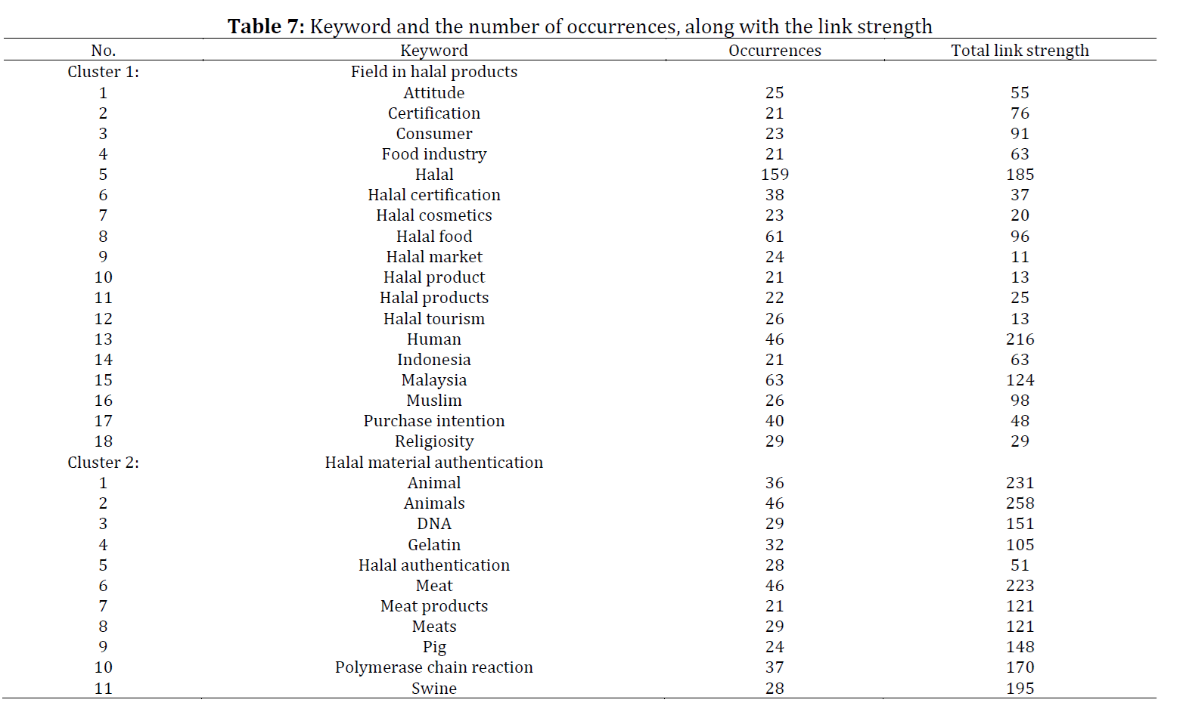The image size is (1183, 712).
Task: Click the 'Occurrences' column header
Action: [x=775, y=50]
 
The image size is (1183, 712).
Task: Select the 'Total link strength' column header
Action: [x=1020, y=50]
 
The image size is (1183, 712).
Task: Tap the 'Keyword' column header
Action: [x=434, y=50]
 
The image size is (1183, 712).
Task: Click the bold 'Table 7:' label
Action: [x=266, y=26]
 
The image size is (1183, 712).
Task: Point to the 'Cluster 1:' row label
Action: [x=103, y=72]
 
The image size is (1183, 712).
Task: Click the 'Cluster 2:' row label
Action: [x=103, y=463]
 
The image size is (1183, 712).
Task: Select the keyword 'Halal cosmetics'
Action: [x=434, y=215]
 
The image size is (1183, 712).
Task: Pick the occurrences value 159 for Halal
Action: [x=775, y=174]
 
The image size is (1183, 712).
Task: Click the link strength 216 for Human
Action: [x=1020, y=339]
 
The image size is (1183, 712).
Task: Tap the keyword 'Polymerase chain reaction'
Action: [x=434, y=667]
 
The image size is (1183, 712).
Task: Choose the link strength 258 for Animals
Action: [x=1020, y=503]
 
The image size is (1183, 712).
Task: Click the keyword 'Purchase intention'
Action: [x=434, y=421]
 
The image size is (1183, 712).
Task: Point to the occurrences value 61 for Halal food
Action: [x=775, y=236]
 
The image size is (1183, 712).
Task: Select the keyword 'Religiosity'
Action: [x=434, y=441]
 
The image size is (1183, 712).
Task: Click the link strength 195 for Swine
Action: [x=1020, y=689]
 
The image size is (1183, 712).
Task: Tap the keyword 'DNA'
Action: [x=434, y=524]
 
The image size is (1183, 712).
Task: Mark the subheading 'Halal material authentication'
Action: [x=434, y=463]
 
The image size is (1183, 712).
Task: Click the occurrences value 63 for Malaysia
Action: [x=775, y=380]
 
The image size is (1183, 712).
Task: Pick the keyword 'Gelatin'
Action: [x=434, y=544]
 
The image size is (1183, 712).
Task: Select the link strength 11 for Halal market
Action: [x=1020, y=256]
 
